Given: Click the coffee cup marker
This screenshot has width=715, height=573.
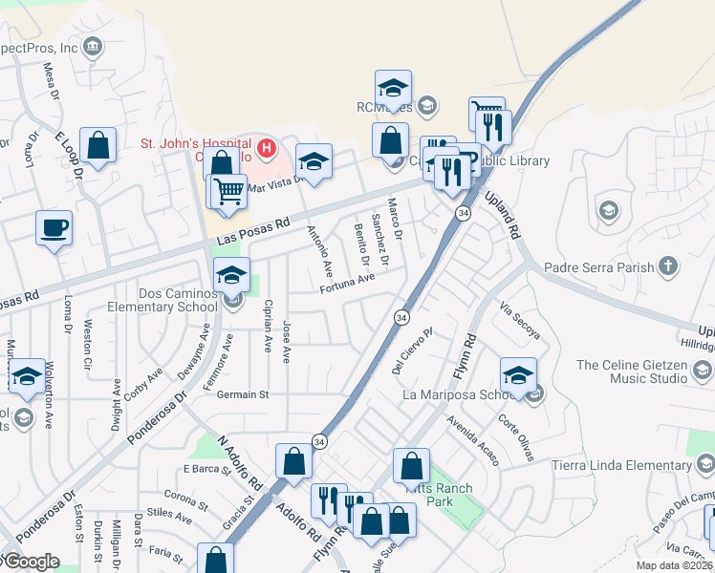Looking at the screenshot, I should point(54,228).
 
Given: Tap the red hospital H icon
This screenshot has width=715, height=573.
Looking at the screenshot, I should point(267,149).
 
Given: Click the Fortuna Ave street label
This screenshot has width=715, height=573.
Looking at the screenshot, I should point(347,284).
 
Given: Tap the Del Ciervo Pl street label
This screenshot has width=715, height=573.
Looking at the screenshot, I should point(413,350).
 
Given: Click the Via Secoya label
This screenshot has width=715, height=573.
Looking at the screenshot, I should point(520,321).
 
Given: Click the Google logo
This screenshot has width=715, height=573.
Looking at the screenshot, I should point(31,562).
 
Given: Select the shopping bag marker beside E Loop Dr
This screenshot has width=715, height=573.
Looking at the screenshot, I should point(97,146).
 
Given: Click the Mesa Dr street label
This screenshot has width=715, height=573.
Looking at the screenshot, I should point(50,85).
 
